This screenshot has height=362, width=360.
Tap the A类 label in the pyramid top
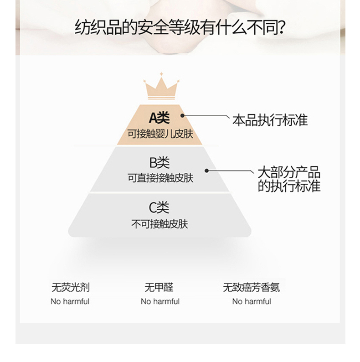[159, 118]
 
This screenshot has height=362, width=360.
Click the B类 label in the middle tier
[159, 162]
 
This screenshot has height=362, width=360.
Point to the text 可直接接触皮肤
[160, 178]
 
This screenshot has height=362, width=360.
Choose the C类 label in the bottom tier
[159, 208]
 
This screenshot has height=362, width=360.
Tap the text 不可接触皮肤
[159, 224]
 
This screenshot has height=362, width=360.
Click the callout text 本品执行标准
[270, 120]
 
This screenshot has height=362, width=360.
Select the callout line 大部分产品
[289, 173]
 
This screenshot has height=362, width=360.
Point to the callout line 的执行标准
[289, 186]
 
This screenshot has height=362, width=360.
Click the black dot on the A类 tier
[183, 116]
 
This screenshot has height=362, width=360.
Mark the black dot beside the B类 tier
[206, 171]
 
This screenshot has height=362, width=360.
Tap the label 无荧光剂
[70, 288]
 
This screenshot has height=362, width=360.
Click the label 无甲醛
[159, 288]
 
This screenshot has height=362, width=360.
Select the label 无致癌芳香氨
[251, 288]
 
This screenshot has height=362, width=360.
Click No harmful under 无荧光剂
[70, 301]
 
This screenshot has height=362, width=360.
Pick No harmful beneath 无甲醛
[160, 301]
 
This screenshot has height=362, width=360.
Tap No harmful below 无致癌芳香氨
[252, 301]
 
